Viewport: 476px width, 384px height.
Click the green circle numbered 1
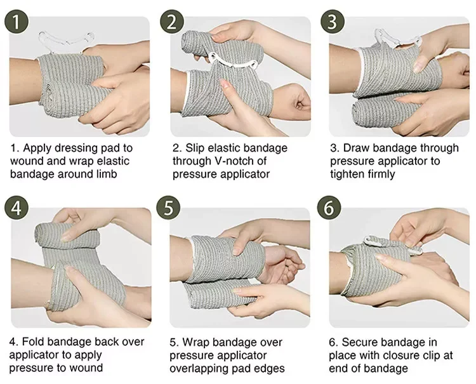pyautogui.click(x=20, y=24)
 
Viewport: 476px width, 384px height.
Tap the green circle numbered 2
pyautogui.click(x=173, y=24)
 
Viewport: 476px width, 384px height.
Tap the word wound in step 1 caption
pyautogui.click(x=27, y=161)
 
